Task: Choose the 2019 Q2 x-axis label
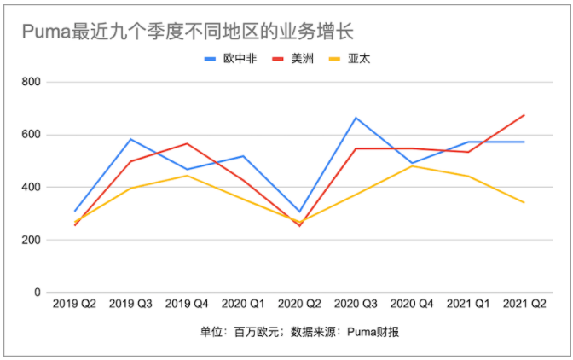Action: tap(75, 304)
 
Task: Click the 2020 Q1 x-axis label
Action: tap(243, 304)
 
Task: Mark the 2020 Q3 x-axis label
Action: tap(356, 304)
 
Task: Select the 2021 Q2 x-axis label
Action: tap(524, 304)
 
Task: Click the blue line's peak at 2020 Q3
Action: tap(356, 118)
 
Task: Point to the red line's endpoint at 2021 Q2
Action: tap(524, 115)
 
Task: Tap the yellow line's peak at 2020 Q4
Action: tap(412, 166)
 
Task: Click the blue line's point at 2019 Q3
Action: tap(130, 139)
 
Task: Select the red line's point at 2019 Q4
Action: tap(187, 143)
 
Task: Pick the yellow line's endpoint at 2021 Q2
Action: tap(524, 202)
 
